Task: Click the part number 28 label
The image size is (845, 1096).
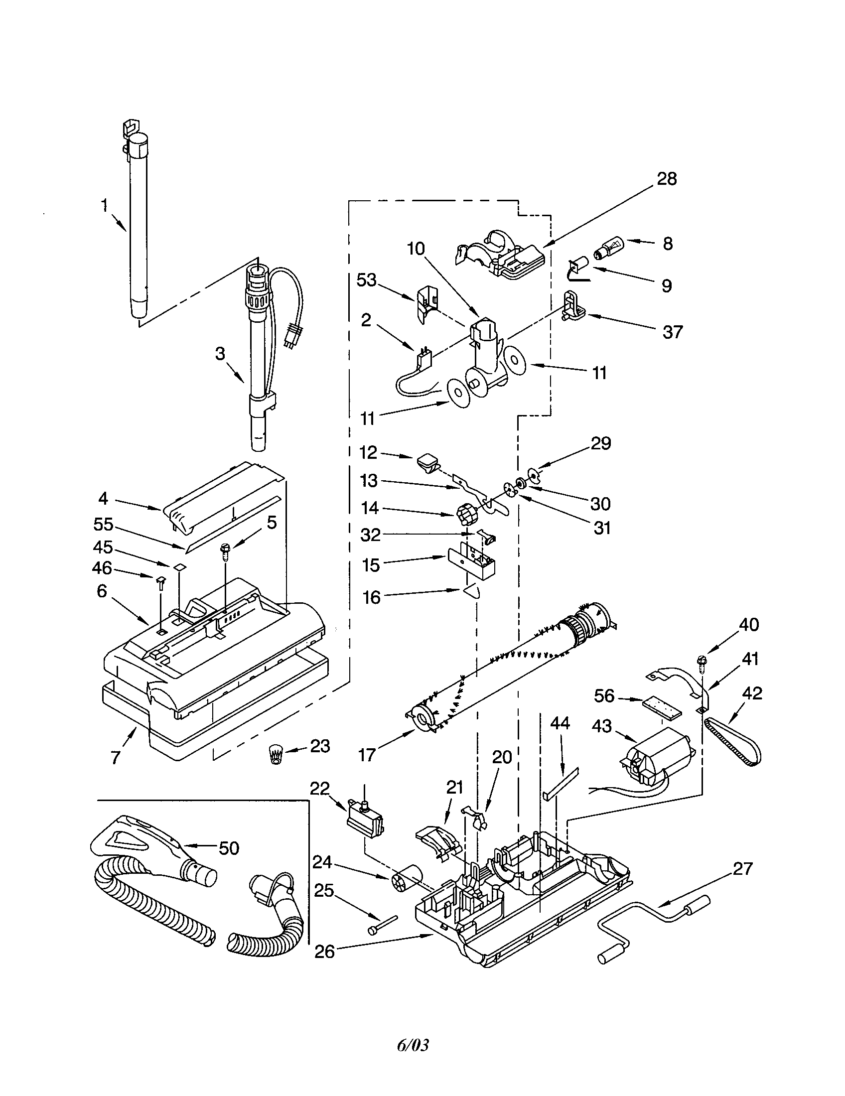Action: coord(666,179)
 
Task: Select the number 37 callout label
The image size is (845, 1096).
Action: coord(673,332)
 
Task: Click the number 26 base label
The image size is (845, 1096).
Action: coord(324,952)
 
